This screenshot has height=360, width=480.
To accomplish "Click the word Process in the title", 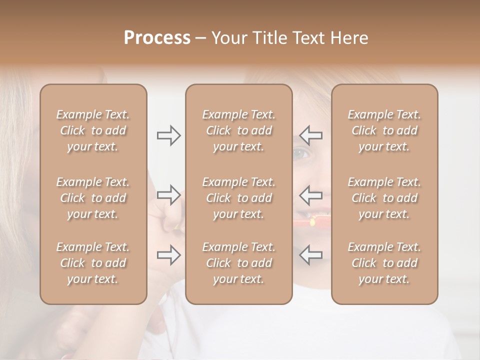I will tap(157, 38).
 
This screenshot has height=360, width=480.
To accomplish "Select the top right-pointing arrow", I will tap(168, 135).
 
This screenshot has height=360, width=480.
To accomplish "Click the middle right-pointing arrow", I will tap(168, 195).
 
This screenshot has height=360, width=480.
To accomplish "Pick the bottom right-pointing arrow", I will tap(168, 255).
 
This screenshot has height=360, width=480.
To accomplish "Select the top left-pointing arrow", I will tap(310, 135).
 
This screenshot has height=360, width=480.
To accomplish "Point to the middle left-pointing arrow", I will tap(310, 195).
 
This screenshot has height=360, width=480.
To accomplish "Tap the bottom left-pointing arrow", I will tap(310, 255).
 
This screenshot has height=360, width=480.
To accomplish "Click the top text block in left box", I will tap(93, 130).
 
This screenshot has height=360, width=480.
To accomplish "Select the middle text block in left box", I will tap(93, 198).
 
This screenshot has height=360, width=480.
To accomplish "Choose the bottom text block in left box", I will tap(93, 263).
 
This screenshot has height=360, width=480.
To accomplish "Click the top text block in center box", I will tap(238, 130).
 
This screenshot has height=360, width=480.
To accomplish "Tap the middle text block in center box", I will tap(238, 198).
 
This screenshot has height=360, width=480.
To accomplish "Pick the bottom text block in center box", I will tap(238, 263).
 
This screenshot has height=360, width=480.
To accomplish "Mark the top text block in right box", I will tap(384, 130).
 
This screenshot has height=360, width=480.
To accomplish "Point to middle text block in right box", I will tap(384, 198).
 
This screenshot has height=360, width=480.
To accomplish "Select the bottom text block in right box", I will tap(384, 263).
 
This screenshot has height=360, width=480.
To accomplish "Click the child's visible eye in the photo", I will tap(301, 153).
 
